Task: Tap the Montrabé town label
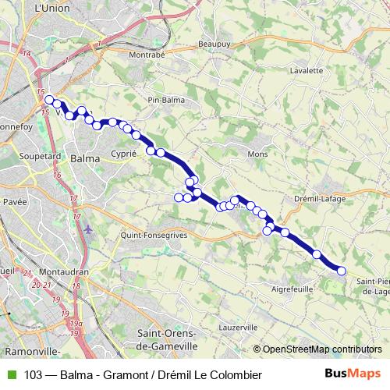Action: pos(146,55)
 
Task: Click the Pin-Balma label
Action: pos(165,100)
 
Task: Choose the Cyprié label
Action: pos(125,154)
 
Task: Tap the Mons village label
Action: pos(257,154)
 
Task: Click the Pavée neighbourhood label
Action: pos(15,201)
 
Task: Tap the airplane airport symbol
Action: pos(88,229)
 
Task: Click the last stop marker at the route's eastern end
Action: pos(341,271)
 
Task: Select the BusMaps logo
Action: pos(353,373)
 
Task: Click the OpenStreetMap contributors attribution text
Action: pos(321,349)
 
